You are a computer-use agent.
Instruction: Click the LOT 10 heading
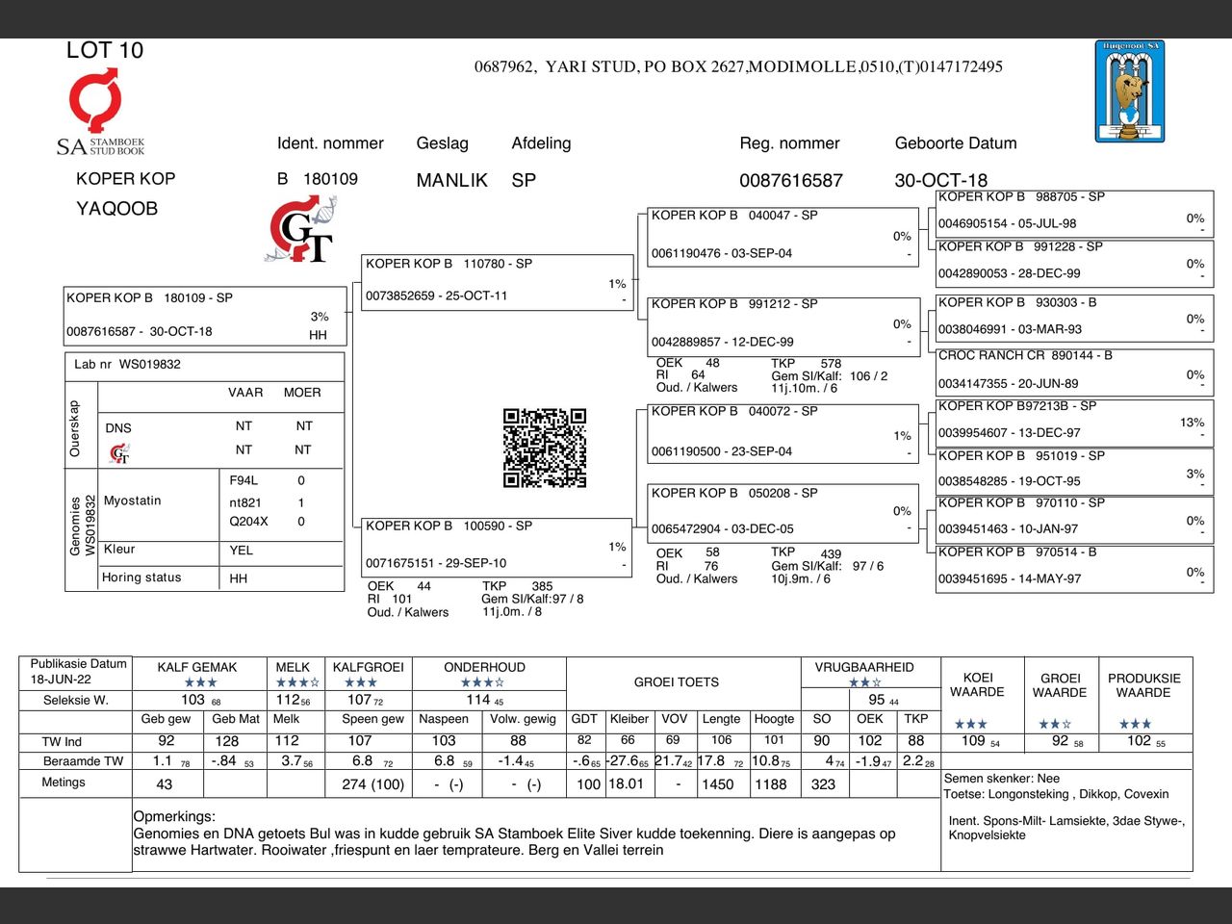point(104,50)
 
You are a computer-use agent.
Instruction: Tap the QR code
point(544,448)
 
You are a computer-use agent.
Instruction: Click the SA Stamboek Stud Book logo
point(99,112)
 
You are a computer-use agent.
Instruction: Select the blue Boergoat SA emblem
point(1129,91)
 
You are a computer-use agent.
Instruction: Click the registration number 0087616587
point(790,180)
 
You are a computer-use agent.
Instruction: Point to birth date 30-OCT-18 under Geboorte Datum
point(940,180)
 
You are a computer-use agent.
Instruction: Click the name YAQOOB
point(116,208)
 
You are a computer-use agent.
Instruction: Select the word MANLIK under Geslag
point(451,180)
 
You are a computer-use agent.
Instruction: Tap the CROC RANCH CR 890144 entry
point(1025,355)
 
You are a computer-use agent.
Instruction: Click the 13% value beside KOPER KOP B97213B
point(1192,423)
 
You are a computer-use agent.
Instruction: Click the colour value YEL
point(241,551)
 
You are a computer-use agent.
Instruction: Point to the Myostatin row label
point(133,500)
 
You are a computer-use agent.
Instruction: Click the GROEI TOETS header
point(676,682)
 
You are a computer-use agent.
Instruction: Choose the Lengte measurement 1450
point(717,784)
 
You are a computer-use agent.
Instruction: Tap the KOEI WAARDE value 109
point(973,740)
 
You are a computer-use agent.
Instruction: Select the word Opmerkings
point(174,816)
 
